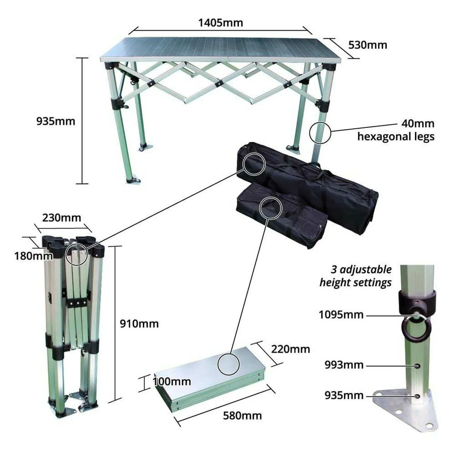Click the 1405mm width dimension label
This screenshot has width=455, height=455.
click(220, 23)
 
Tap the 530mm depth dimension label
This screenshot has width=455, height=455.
click(368, 45)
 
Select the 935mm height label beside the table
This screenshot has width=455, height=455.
click(56, 121)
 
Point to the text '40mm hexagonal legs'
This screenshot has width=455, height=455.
click(396, 130)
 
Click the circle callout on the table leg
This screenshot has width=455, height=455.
click(310, 133)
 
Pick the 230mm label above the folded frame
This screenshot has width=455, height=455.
click(61, 218)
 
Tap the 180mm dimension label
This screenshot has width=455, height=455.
click(33, 256)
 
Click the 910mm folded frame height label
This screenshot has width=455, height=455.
click(139, 324)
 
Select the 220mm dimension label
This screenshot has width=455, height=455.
click(290, 349)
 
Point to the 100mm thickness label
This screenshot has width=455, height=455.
click(172, 381)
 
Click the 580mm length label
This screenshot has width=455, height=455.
click(242, 422)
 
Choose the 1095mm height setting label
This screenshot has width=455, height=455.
click(341, 315)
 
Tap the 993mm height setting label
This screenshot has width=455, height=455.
click(344, 365)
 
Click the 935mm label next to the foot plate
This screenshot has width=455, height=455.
click(344, 396)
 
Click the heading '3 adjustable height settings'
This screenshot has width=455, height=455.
click(355, 276)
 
